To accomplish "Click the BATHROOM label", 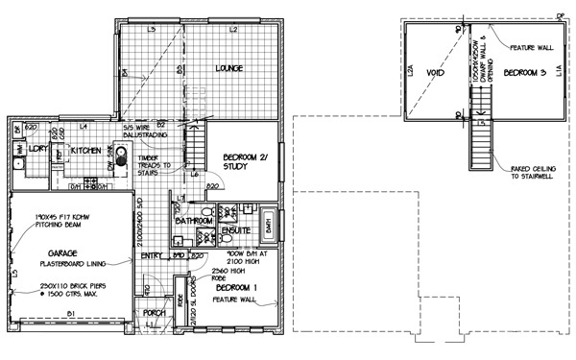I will pos(193,223).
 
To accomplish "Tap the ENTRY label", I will pos(151,255).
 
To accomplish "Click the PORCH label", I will pos(156,313).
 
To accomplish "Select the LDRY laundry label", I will pos(39,152).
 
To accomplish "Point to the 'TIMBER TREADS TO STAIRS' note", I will pos(154,164).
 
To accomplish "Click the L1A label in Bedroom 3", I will pos(558,72).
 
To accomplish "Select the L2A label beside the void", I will pos(409,70).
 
